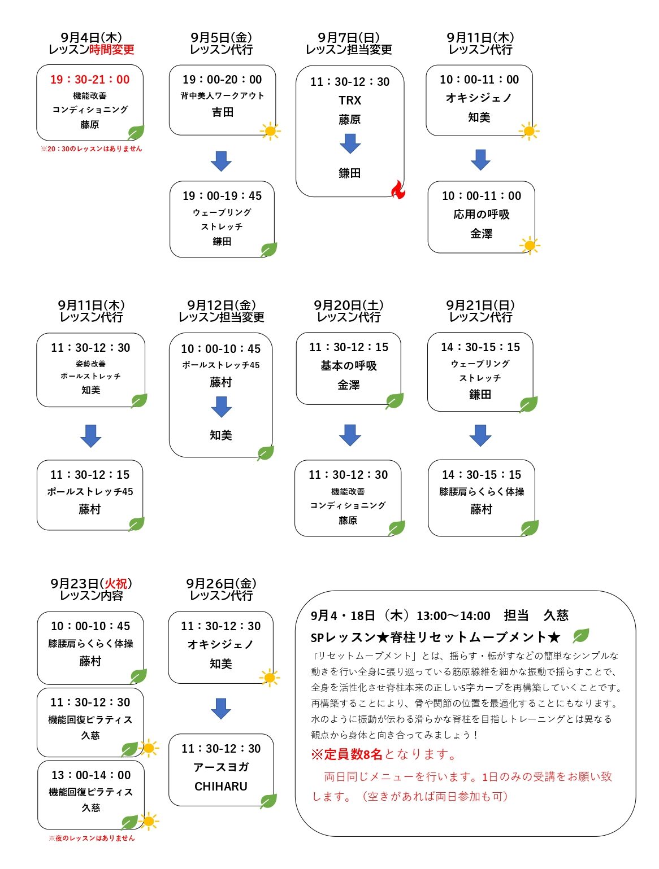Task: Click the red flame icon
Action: [x=398, y=189]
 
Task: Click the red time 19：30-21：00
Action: [x=89, y=79]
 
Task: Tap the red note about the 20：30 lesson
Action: [x=91, y=149]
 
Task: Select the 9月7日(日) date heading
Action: [x=349, y=37]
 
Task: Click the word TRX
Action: [x=350, y=100]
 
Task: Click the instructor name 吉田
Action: [x=222, y=112]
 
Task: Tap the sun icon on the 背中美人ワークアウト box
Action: [x=270, y=130]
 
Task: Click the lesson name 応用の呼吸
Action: [x=481, y=214]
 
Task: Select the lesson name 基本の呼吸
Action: [x=348, y=365]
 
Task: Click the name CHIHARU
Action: [x=221, y=786]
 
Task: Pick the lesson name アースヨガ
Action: [x=221, y=767]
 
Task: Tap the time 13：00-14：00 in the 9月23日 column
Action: [x=91, y=775]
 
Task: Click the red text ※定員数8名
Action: [x=346, y=754]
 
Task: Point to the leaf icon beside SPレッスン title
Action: [x=580, y=635]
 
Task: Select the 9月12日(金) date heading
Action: [x=222, y=305]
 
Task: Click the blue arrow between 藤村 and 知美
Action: [x=221, y=407]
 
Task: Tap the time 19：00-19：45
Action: [x=222, y=195]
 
